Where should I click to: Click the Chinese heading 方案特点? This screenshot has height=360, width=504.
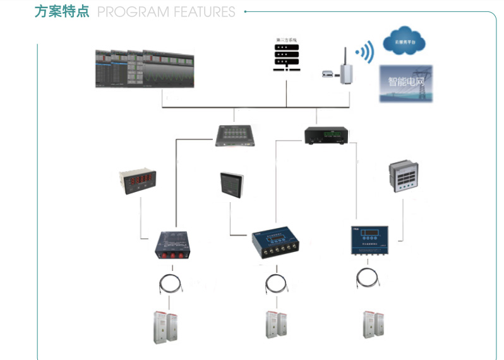click(x=62, y=11)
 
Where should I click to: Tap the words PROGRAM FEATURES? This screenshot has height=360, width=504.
click(x=167, y=12)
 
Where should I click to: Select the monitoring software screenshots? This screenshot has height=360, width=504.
click(x=144, y=69)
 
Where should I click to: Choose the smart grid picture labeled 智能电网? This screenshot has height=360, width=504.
click(x=405, y=83)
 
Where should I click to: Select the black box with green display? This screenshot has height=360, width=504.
click(x=326, y=135)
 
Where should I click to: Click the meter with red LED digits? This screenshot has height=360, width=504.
click(x=138, y=181)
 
